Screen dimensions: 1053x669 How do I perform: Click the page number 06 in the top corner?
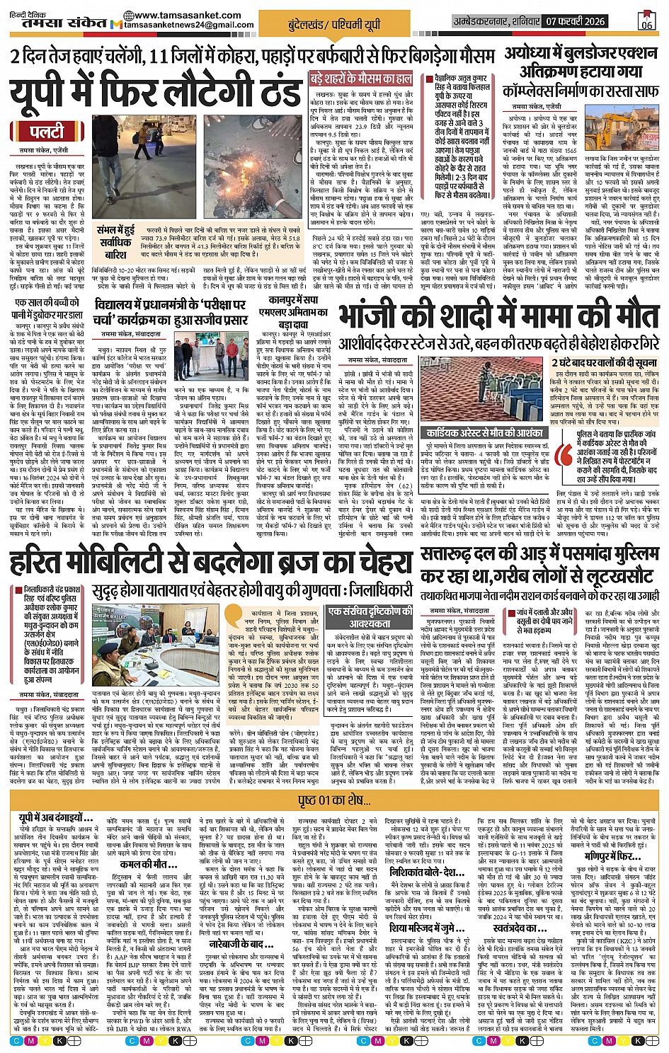(646, 21)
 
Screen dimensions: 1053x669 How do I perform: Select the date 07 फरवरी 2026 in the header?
(575, 21)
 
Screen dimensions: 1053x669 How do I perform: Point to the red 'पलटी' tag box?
(46, 132)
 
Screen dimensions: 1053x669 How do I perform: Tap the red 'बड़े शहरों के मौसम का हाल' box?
(361, 78)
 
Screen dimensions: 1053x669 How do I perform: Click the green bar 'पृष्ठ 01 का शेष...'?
(335, 800)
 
